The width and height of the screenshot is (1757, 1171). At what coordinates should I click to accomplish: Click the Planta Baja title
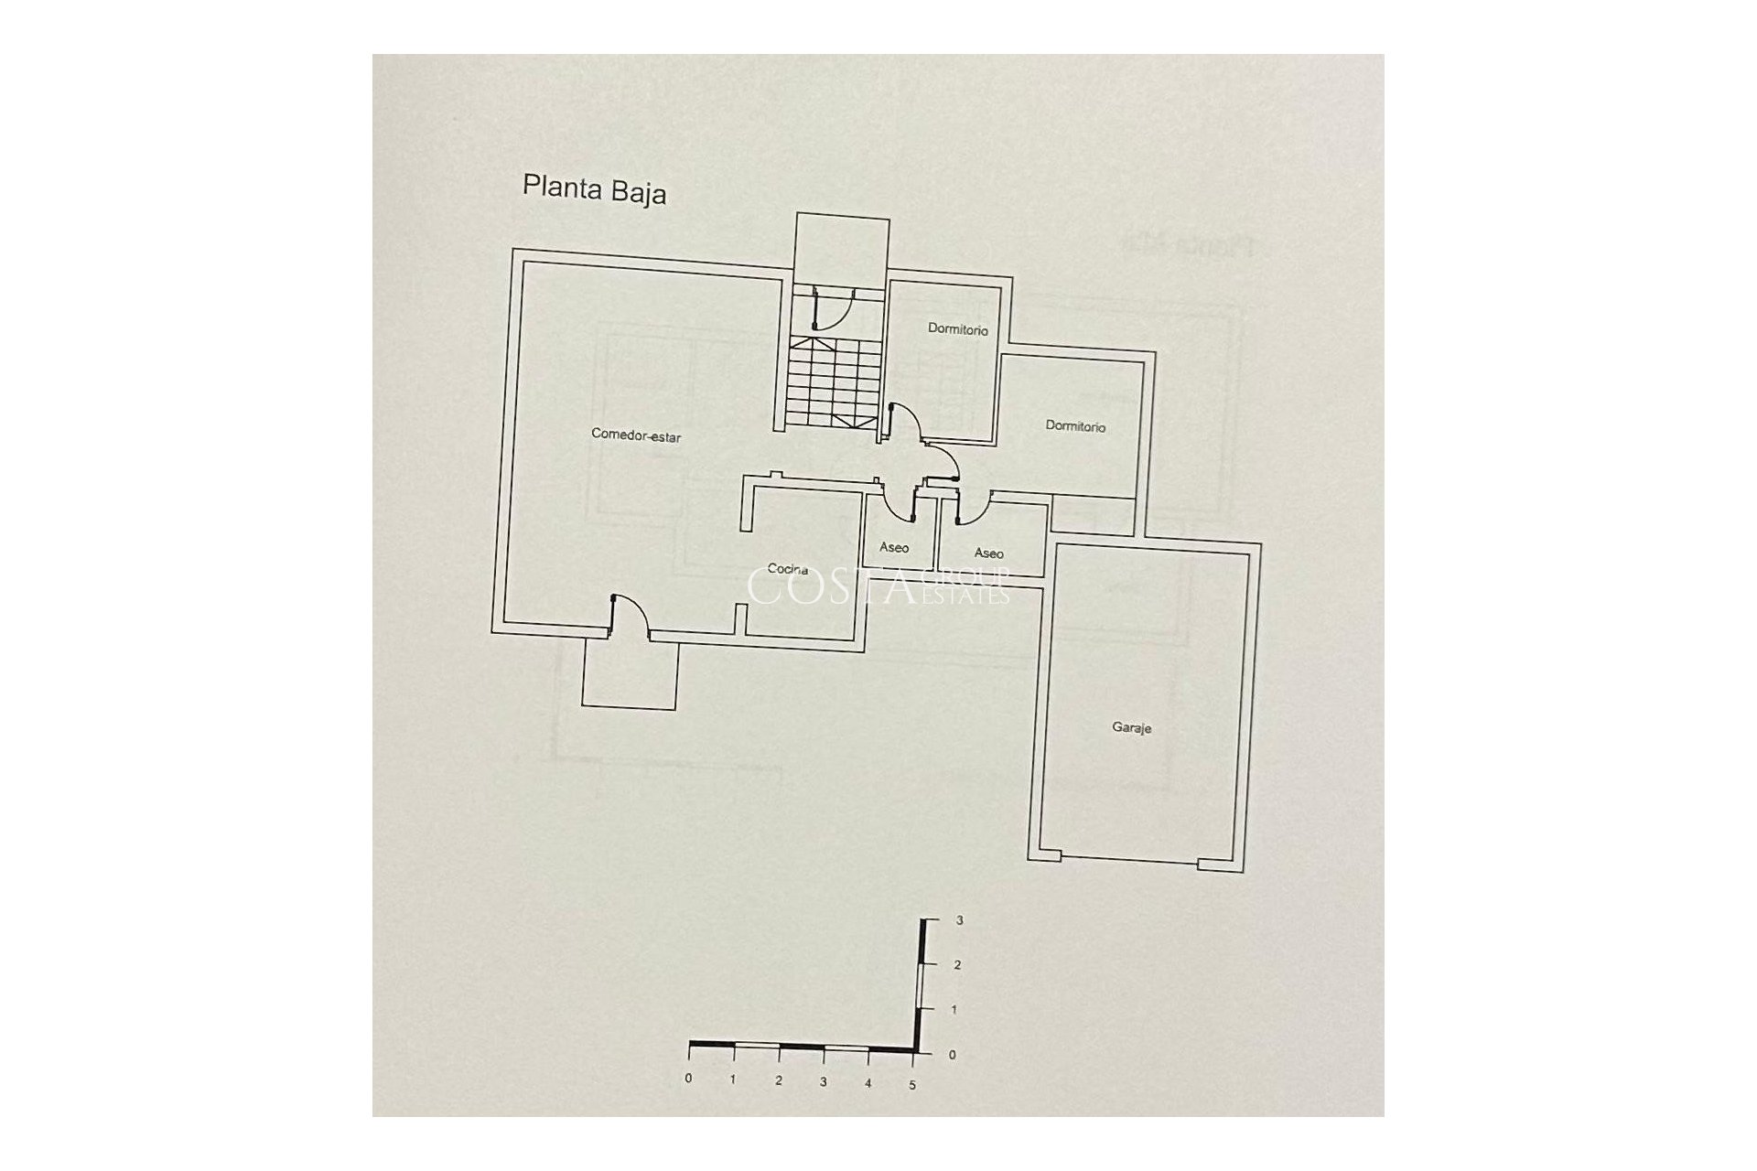[594, 189]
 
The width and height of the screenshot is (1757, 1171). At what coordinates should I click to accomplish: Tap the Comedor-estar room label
[636, 436]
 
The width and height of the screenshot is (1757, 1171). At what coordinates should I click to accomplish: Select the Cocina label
[787, 569]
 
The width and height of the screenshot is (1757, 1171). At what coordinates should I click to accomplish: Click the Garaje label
[1131, 728]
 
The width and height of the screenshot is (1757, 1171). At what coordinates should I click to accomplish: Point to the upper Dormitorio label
[957, 329]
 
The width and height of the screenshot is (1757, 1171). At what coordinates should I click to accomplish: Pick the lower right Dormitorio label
[1075, 426]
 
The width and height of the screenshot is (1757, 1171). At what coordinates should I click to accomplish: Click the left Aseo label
[894, 547]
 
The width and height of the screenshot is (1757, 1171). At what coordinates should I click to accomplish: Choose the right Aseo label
[988, 553]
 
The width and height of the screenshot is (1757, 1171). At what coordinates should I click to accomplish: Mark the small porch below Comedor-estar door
[631, 673]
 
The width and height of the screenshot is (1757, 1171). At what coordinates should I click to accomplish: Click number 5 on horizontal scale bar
[912, 1085]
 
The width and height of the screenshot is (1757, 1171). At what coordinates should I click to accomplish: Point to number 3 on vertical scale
[958, 921]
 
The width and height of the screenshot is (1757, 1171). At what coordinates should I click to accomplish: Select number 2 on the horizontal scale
[778, 1080]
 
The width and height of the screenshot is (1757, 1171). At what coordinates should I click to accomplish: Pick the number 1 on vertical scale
[954, 1010]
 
